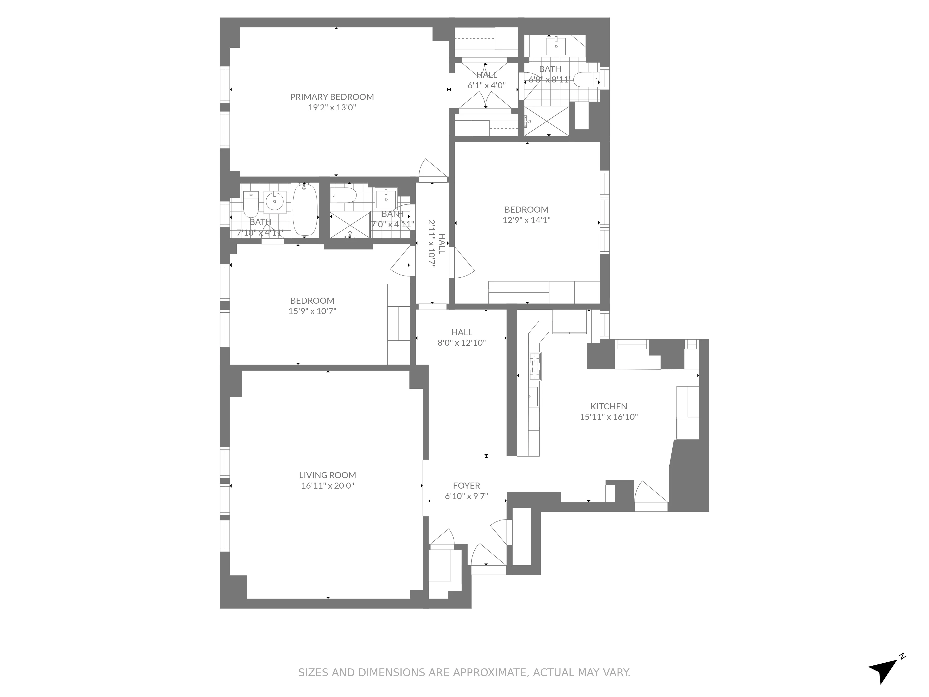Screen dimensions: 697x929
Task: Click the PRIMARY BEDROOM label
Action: tap(332, 97)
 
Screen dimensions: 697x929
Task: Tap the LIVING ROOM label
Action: tap(327, 475)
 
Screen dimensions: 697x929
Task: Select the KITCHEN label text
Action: tap(608, 406)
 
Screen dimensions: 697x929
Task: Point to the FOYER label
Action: tap(466, 486)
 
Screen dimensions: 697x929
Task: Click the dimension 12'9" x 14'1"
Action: tap(526, 220)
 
